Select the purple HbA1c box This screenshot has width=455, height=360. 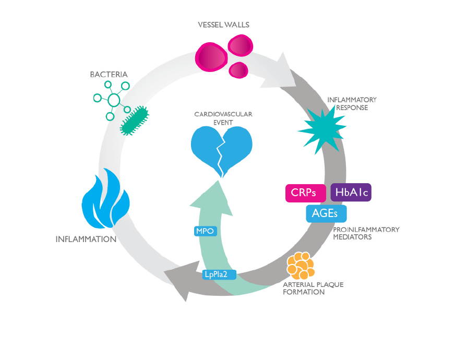pos(351,192)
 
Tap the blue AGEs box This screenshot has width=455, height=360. pos(326,213)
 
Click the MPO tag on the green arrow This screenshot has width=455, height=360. pos(205,231)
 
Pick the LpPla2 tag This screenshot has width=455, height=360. pos(219,273)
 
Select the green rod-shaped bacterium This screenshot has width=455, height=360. pos(135,121)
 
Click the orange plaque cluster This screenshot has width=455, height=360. pos(301,266)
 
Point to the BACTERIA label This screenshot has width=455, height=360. pos(109,75)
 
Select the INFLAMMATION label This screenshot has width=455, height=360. pos(86,239)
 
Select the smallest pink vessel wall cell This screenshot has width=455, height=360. pos(239,70)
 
